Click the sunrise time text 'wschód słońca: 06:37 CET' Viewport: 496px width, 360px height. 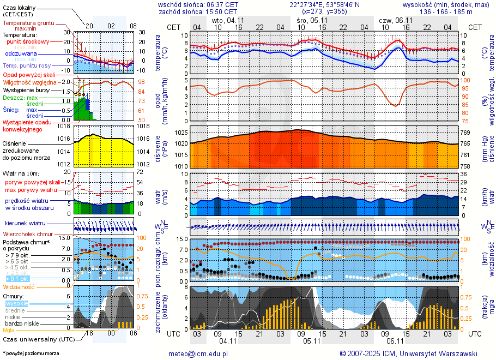point(197,4)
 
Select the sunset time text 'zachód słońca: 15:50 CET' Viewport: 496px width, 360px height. point(197,11)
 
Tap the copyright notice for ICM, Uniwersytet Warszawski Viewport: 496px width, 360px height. point(408,353)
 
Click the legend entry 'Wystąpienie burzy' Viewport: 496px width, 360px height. point(27,89)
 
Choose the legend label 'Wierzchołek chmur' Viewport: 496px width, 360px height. point(27,234)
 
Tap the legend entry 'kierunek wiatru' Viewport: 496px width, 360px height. point(25,224)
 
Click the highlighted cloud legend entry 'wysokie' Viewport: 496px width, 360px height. point(16,303)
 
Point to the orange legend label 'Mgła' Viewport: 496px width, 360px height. point(9,330)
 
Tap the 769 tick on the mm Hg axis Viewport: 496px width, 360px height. point(465,133)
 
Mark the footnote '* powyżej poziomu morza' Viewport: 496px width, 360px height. point(31,353)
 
